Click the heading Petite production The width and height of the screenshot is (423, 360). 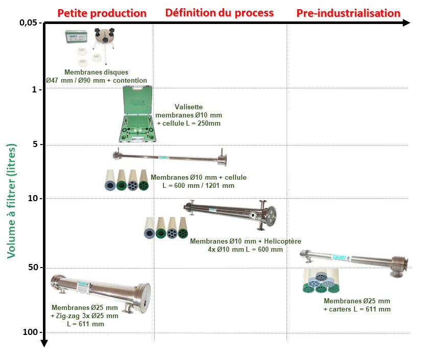tap(102, 13)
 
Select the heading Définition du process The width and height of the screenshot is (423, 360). tap(219, 13)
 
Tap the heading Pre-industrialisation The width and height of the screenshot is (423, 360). tap(348, 13)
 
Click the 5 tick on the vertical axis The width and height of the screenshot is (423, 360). tap(35, 145)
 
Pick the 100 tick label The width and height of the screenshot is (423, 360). tap(31, 332)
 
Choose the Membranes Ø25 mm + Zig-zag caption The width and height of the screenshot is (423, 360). tap(84, 316)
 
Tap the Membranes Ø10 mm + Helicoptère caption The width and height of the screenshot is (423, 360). tap(245, 245)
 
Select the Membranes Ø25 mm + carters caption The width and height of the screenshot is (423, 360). tap(357, 305)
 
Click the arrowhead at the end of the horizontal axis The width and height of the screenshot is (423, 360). tap(406, 22)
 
